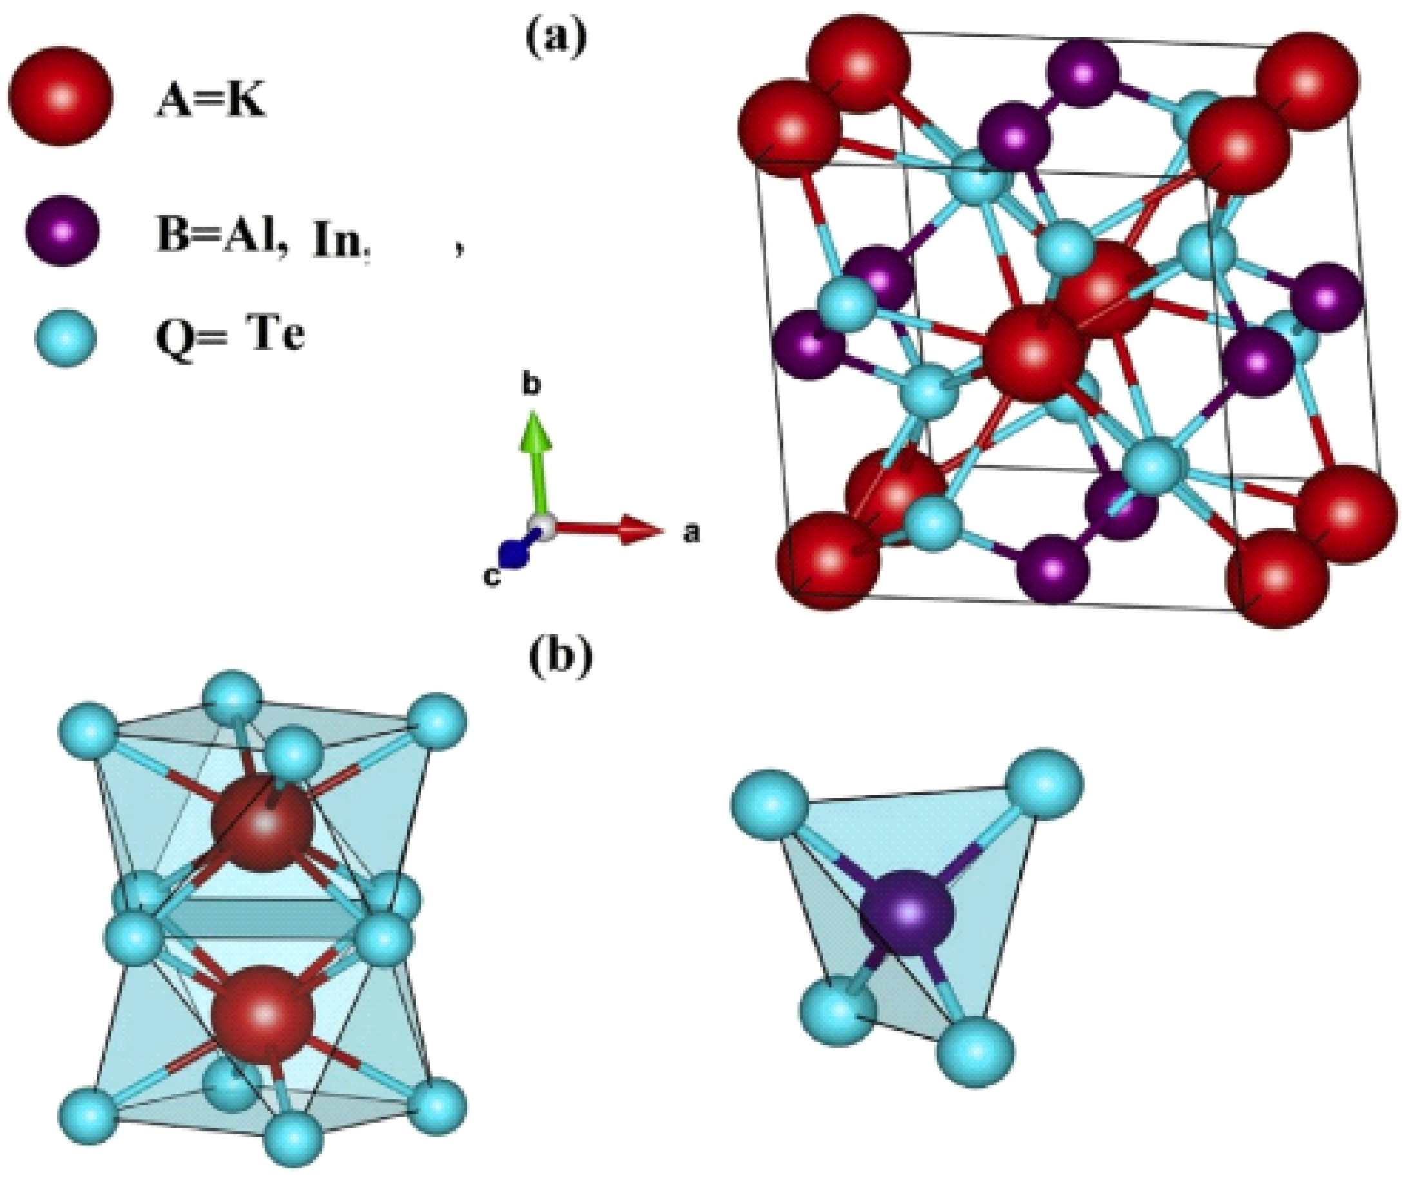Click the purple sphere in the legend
(x=62, y=232)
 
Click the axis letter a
(x=690, y=533)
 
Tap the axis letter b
(x=532, y=386)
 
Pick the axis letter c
(x=492, y=577)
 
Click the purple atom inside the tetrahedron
(x=907, y=913)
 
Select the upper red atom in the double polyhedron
(x=262, y=824)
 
